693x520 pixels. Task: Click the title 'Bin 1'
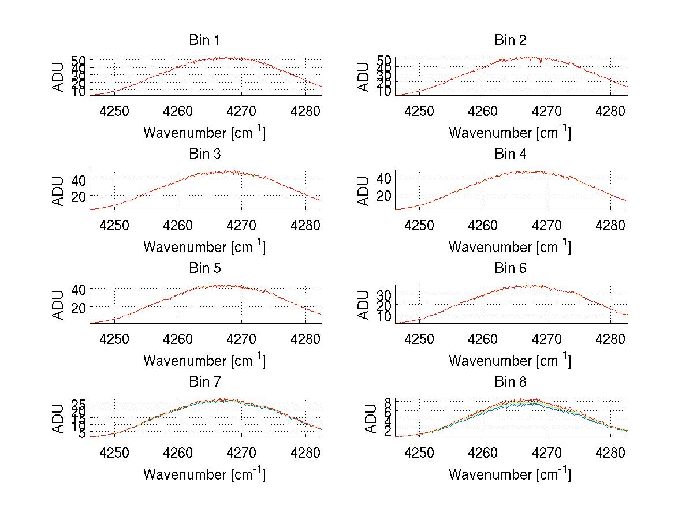pyautogui.click(x=204, y=40)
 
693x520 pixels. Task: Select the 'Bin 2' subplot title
pyautogui.click(x=511, y=40)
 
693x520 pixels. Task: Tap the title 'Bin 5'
pyautogui.click(x=204, y=268)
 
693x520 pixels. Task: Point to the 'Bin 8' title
pyautogui.click(x=511, y=382)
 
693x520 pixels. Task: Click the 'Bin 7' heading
pyautogui.click(x=204, y=382)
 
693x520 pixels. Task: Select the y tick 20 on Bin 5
pyautogui.click(x=79, y=307)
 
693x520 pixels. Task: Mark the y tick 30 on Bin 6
pyautogui.click(x=384, y=294)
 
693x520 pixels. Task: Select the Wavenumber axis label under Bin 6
pyautogui.click(x=510, y=361)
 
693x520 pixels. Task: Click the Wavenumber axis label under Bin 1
pyautogui.click(x=204, y=133)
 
